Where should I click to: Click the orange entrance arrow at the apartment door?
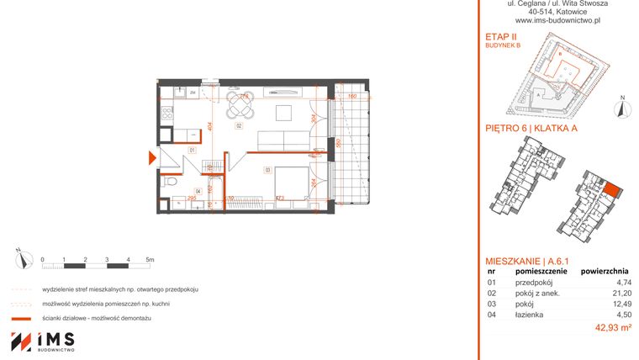coord(151,157)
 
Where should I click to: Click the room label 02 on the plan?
coord(239,126)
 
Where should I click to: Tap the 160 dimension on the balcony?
coord(353,96)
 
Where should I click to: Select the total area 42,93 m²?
coord(613,327)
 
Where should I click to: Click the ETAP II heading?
coord(500,39)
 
